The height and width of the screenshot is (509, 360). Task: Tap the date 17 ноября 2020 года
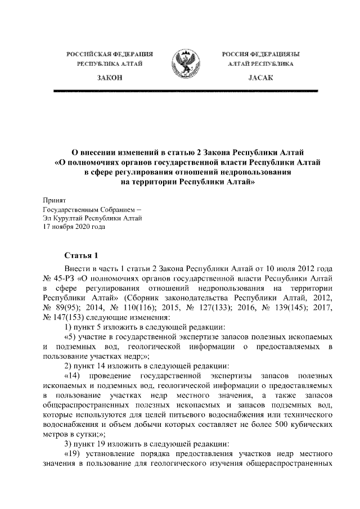click(74, 227)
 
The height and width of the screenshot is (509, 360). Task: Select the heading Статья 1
click(81, 255)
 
